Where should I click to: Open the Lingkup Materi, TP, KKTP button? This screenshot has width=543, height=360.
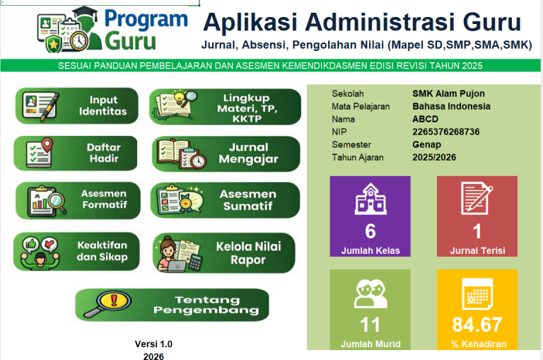pyautogui.click(x=225, y=107)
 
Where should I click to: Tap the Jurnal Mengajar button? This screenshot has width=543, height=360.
pyautogui.click(x=226, y=153)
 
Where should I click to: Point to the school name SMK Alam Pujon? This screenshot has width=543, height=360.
pyautogui.click(x=448, y=93)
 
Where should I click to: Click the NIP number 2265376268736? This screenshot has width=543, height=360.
pyautogui.click(x=445, y=132)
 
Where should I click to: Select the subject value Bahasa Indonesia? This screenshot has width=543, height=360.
pyautogui.click(x=451, y=106)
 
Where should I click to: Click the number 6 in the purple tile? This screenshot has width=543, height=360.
pyautogui.click(x=370, y=231)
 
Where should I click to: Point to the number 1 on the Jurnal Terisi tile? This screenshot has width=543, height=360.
pyautogui.click(x=477, y=231)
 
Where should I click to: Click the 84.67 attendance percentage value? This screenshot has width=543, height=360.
pyautogui.click(x=477, y=325)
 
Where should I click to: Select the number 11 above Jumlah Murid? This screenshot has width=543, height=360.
pyautogui.click(x=370, y=325)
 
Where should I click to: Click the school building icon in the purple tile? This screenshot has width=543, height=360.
pyautogui.click(x=370, y=199)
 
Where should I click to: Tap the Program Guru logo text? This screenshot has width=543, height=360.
pyautogui.click(x=145, y=30)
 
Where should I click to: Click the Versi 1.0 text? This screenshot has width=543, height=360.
pyautogui.click(x=153, y=344)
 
